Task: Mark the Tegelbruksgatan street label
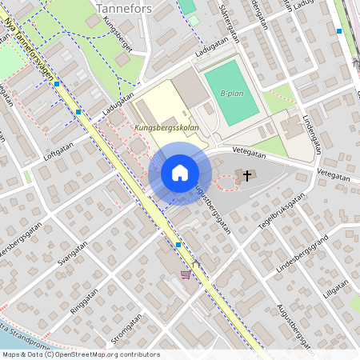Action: (x=282, y=213)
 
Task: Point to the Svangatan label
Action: (x=73, y=254)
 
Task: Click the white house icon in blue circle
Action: (x=180, y=173)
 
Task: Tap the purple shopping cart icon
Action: (x=186, y=274)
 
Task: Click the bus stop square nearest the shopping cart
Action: (x=178, y=244)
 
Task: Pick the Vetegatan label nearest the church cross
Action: (x=249, y=150)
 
